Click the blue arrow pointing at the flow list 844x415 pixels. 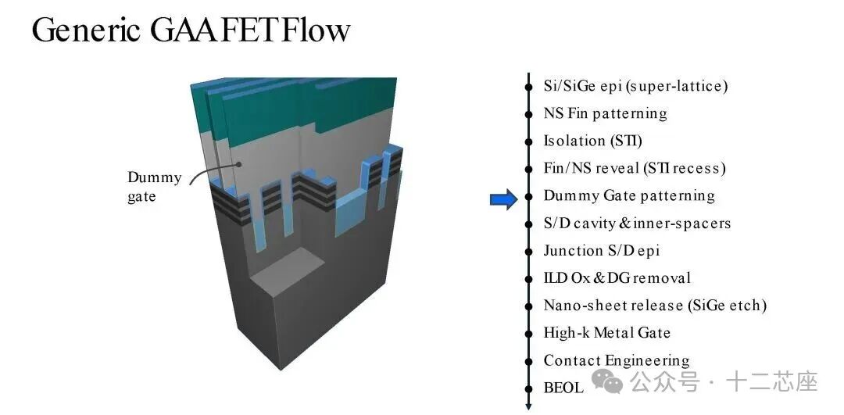click(x=503, y=200)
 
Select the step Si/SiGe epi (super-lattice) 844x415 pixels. click(x=635, y=86)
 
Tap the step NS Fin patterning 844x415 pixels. click(x=605, y=113)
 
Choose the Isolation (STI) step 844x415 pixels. click(x=592, y=141)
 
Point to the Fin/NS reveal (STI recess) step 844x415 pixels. click(x=635, y=168)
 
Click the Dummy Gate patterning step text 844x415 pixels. click(x=629, y=195)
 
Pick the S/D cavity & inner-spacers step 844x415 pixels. click(x=637, y=223)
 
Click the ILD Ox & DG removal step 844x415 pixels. click(x=617, y=278)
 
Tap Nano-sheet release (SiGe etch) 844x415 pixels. click(x=655, y=306)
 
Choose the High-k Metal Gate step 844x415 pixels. click(x=606, y=333)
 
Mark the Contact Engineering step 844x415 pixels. click(x=617, y=360)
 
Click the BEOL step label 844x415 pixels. click(x=563, y=388)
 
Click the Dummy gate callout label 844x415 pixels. click(x=154, y=187)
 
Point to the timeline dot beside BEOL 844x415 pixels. click(x=529, y=388)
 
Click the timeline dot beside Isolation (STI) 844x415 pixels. click(x=529, y=141)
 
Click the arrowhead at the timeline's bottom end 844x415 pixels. click(x=529, y=406)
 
